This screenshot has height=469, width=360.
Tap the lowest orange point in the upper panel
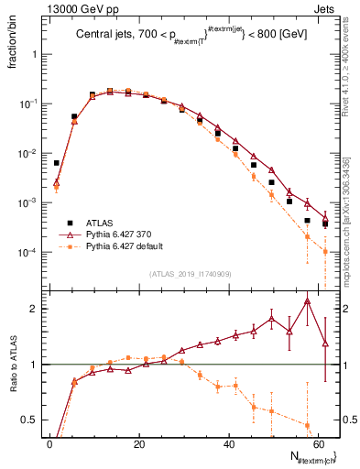pyautogui.click(x=325, y=251)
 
